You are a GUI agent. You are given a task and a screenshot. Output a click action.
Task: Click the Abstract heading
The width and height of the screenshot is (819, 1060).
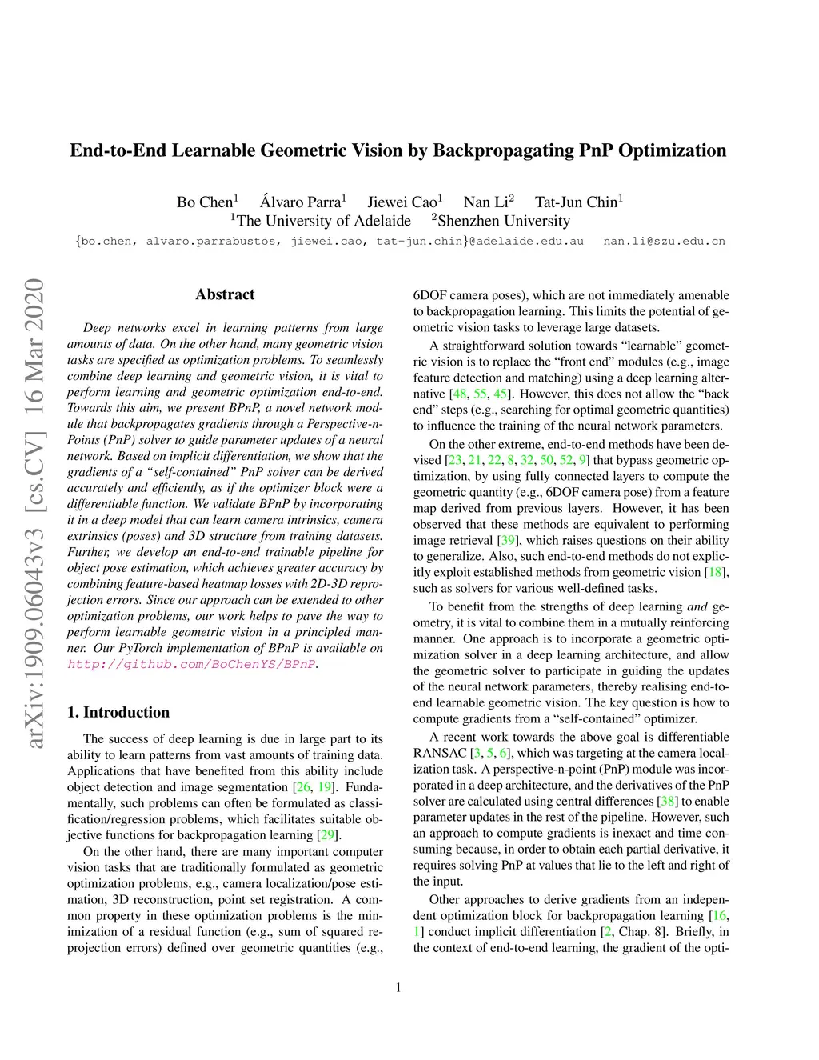[x=225, y=294]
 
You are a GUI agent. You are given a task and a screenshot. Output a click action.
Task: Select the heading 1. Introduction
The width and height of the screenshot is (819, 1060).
[x=118, y=712]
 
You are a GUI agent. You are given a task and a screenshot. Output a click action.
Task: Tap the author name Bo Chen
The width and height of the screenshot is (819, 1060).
[x=205, y=202]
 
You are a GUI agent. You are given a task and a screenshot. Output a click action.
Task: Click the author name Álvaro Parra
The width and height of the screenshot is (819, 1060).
[x=300, y=202]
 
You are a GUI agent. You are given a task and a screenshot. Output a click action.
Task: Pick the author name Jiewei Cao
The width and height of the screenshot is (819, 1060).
[x=402, y=202]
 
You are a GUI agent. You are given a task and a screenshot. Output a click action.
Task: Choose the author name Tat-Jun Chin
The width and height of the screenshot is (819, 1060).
[x=577, y=202]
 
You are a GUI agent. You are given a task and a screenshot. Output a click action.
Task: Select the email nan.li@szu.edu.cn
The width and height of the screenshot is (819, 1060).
[x=664, y=241]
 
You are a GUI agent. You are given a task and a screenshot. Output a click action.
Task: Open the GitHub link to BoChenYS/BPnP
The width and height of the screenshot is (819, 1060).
[x=192, y=664]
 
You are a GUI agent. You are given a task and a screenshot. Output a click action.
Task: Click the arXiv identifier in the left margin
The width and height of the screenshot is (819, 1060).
[x=34, y=513]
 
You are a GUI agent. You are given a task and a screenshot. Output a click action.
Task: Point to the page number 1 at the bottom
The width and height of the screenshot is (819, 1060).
[x=398, y=987]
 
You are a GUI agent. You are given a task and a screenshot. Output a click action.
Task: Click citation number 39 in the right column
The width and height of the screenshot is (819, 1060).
[x=507, y=541]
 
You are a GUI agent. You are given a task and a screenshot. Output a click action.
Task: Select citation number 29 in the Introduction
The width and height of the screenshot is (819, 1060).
[x=326, y=835]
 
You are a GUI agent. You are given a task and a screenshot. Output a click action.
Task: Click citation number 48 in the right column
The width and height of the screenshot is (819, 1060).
[x=459, y=394]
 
